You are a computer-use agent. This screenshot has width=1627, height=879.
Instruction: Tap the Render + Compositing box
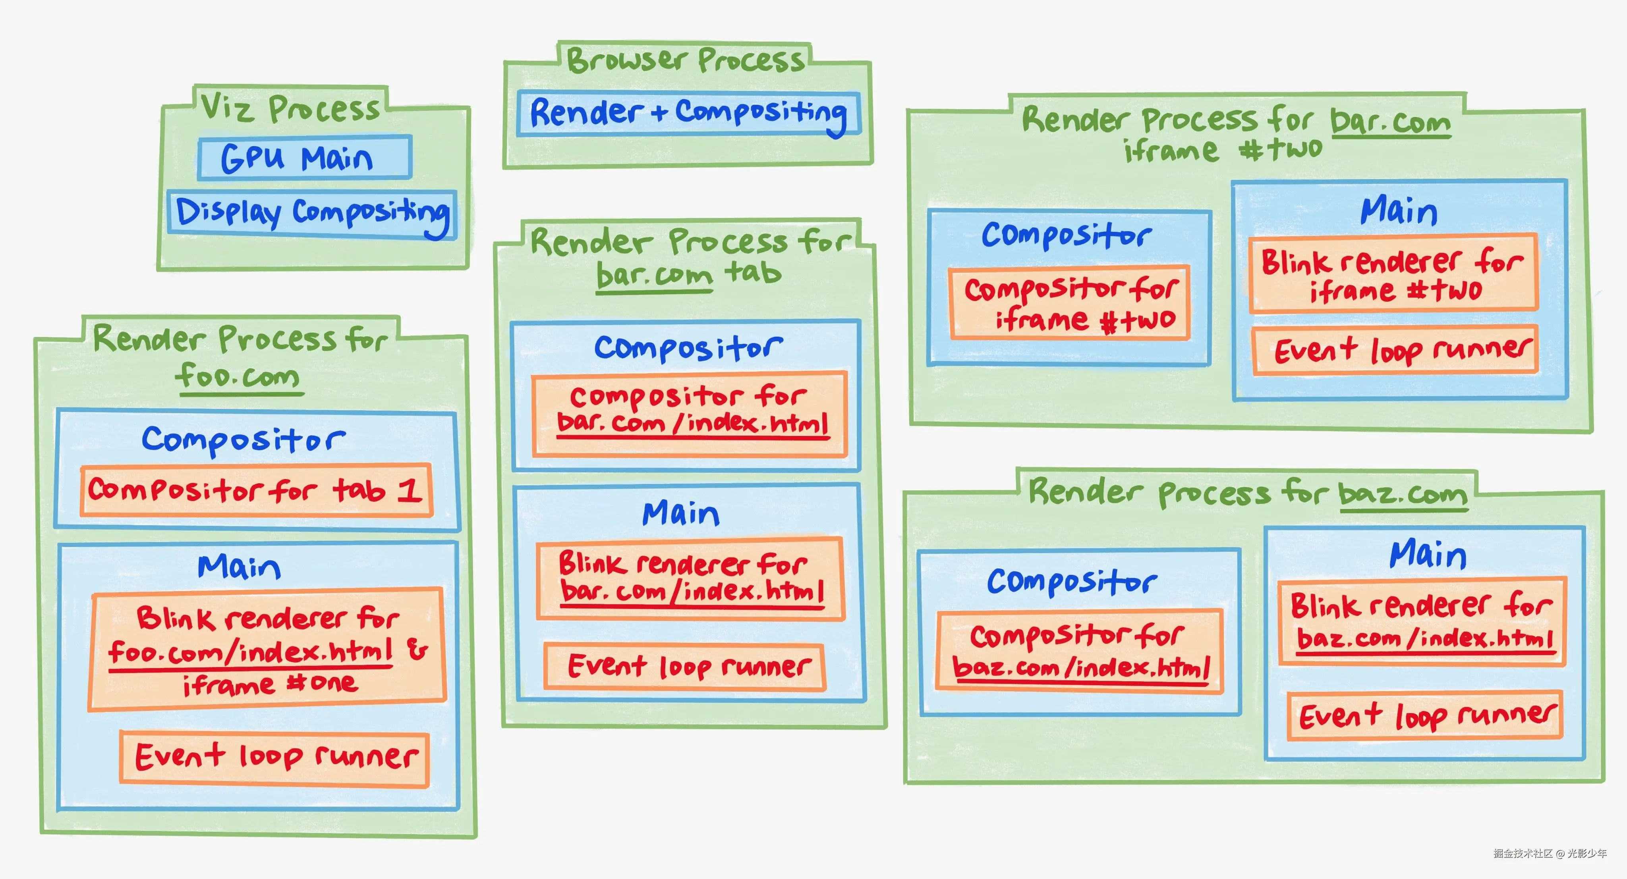(688, 114)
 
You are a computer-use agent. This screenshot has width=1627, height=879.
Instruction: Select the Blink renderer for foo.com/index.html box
(267, 649)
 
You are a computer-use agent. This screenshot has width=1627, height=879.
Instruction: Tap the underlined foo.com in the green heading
(238, 377)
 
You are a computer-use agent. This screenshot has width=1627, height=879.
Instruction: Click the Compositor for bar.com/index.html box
(690, 414)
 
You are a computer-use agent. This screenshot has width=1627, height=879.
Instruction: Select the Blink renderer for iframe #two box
(1393, 273)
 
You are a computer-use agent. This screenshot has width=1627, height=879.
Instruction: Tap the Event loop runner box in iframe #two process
(1395, 351)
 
